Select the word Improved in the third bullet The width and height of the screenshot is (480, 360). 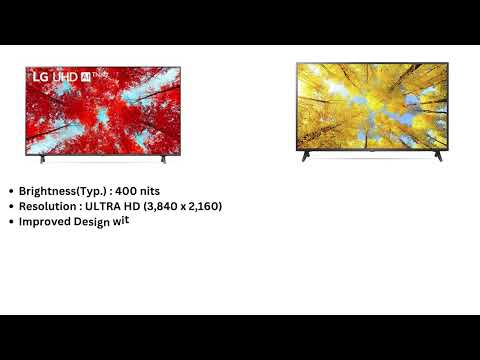point(44,222)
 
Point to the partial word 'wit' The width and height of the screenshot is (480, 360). point(124,221)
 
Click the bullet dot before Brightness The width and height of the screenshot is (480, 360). point(11,190)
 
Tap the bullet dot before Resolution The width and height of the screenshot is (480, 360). point(11,206)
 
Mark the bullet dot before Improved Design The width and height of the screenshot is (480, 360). point(11,222)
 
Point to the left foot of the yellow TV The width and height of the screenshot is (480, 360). point(305,157)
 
